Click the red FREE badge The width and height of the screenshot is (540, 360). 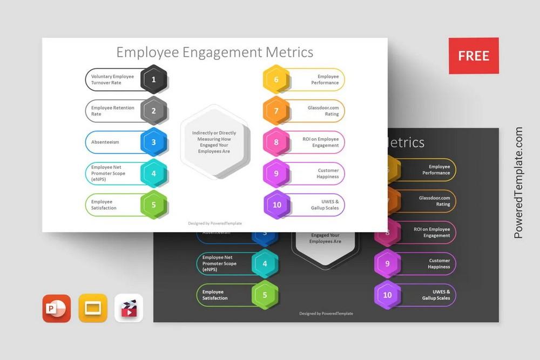tap(474, 56)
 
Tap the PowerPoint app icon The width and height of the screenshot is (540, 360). tap(57, 308)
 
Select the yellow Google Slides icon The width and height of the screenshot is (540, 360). tap(93, 308)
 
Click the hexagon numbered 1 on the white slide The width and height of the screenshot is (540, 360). tap(154, 80)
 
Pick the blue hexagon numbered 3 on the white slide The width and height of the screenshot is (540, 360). tap(154, 142)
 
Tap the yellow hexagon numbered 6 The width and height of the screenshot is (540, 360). tap(276, 80)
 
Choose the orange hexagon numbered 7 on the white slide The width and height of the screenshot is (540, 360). tap(276, 111)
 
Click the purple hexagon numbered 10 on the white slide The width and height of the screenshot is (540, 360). tap(277, 205)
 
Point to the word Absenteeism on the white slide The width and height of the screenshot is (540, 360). tap(105, 142)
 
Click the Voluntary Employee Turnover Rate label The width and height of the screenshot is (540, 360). tap(112, 80)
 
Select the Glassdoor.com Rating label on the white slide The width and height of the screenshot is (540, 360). tap(323, 111)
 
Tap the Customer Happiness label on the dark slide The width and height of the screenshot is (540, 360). tap(438, 263)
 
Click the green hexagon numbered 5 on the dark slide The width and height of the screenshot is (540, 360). tap(265, 295)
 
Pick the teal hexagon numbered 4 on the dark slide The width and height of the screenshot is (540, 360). tap(265, 264)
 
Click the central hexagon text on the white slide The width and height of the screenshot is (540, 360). tap(214, 142)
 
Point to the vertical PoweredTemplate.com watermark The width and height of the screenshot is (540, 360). tap(518, 184)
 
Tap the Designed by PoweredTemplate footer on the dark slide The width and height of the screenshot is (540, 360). tap(326, 314)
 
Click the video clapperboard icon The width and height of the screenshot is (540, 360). tap(129, 308)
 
